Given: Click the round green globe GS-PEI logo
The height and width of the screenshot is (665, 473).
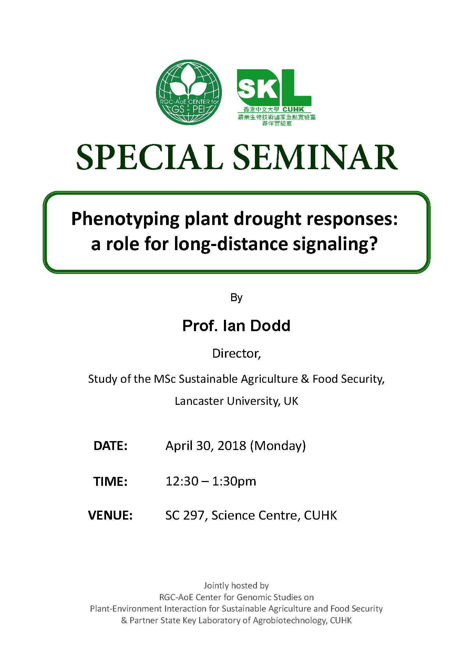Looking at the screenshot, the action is pos(189,92).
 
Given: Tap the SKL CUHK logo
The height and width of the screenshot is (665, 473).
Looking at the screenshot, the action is pos(276,98).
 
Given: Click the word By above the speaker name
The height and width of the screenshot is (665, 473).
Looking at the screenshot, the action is pos(236,297).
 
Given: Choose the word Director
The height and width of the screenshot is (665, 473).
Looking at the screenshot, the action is pos(236,354).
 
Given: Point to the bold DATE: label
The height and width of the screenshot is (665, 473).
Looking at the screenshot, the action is pos(111,446).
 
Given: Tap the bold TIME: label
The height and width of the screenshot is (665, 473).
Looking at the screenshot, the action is pos(110,481).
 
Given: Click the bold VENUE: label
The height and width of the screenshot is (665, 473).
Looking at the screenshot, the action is pos(111,515).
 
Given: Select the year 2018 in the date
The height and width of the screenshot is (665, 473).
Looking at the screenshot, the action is pos(232,446).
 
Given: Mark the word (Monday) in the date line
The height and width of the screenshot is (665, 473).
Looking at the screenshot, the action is pos(278,446).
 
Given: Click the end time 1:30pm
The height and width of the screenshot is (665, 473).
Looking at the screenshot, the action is pos(234,481).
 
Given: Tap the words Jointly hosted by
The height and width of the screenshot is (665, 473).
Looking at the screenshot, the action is pos(236,585).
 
